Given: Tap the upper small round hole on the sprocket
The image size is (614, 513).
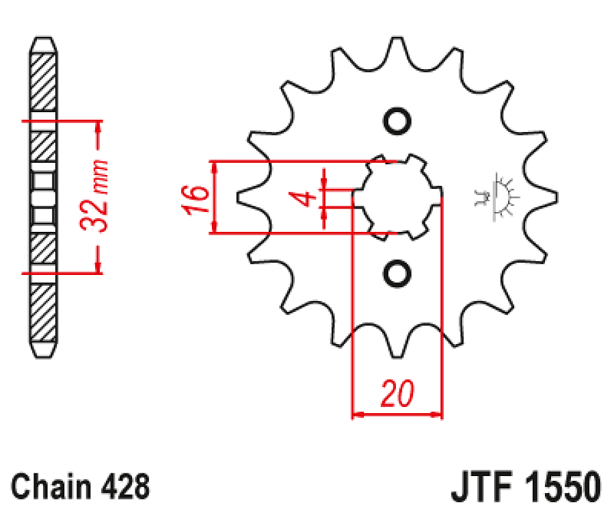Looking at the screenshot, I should (397, 121).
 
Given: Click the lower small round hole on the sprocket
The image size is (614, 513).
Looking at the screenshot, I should (397, 274).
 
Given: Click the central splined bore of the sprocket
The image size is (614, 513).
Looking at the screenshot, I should (397, 198).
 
